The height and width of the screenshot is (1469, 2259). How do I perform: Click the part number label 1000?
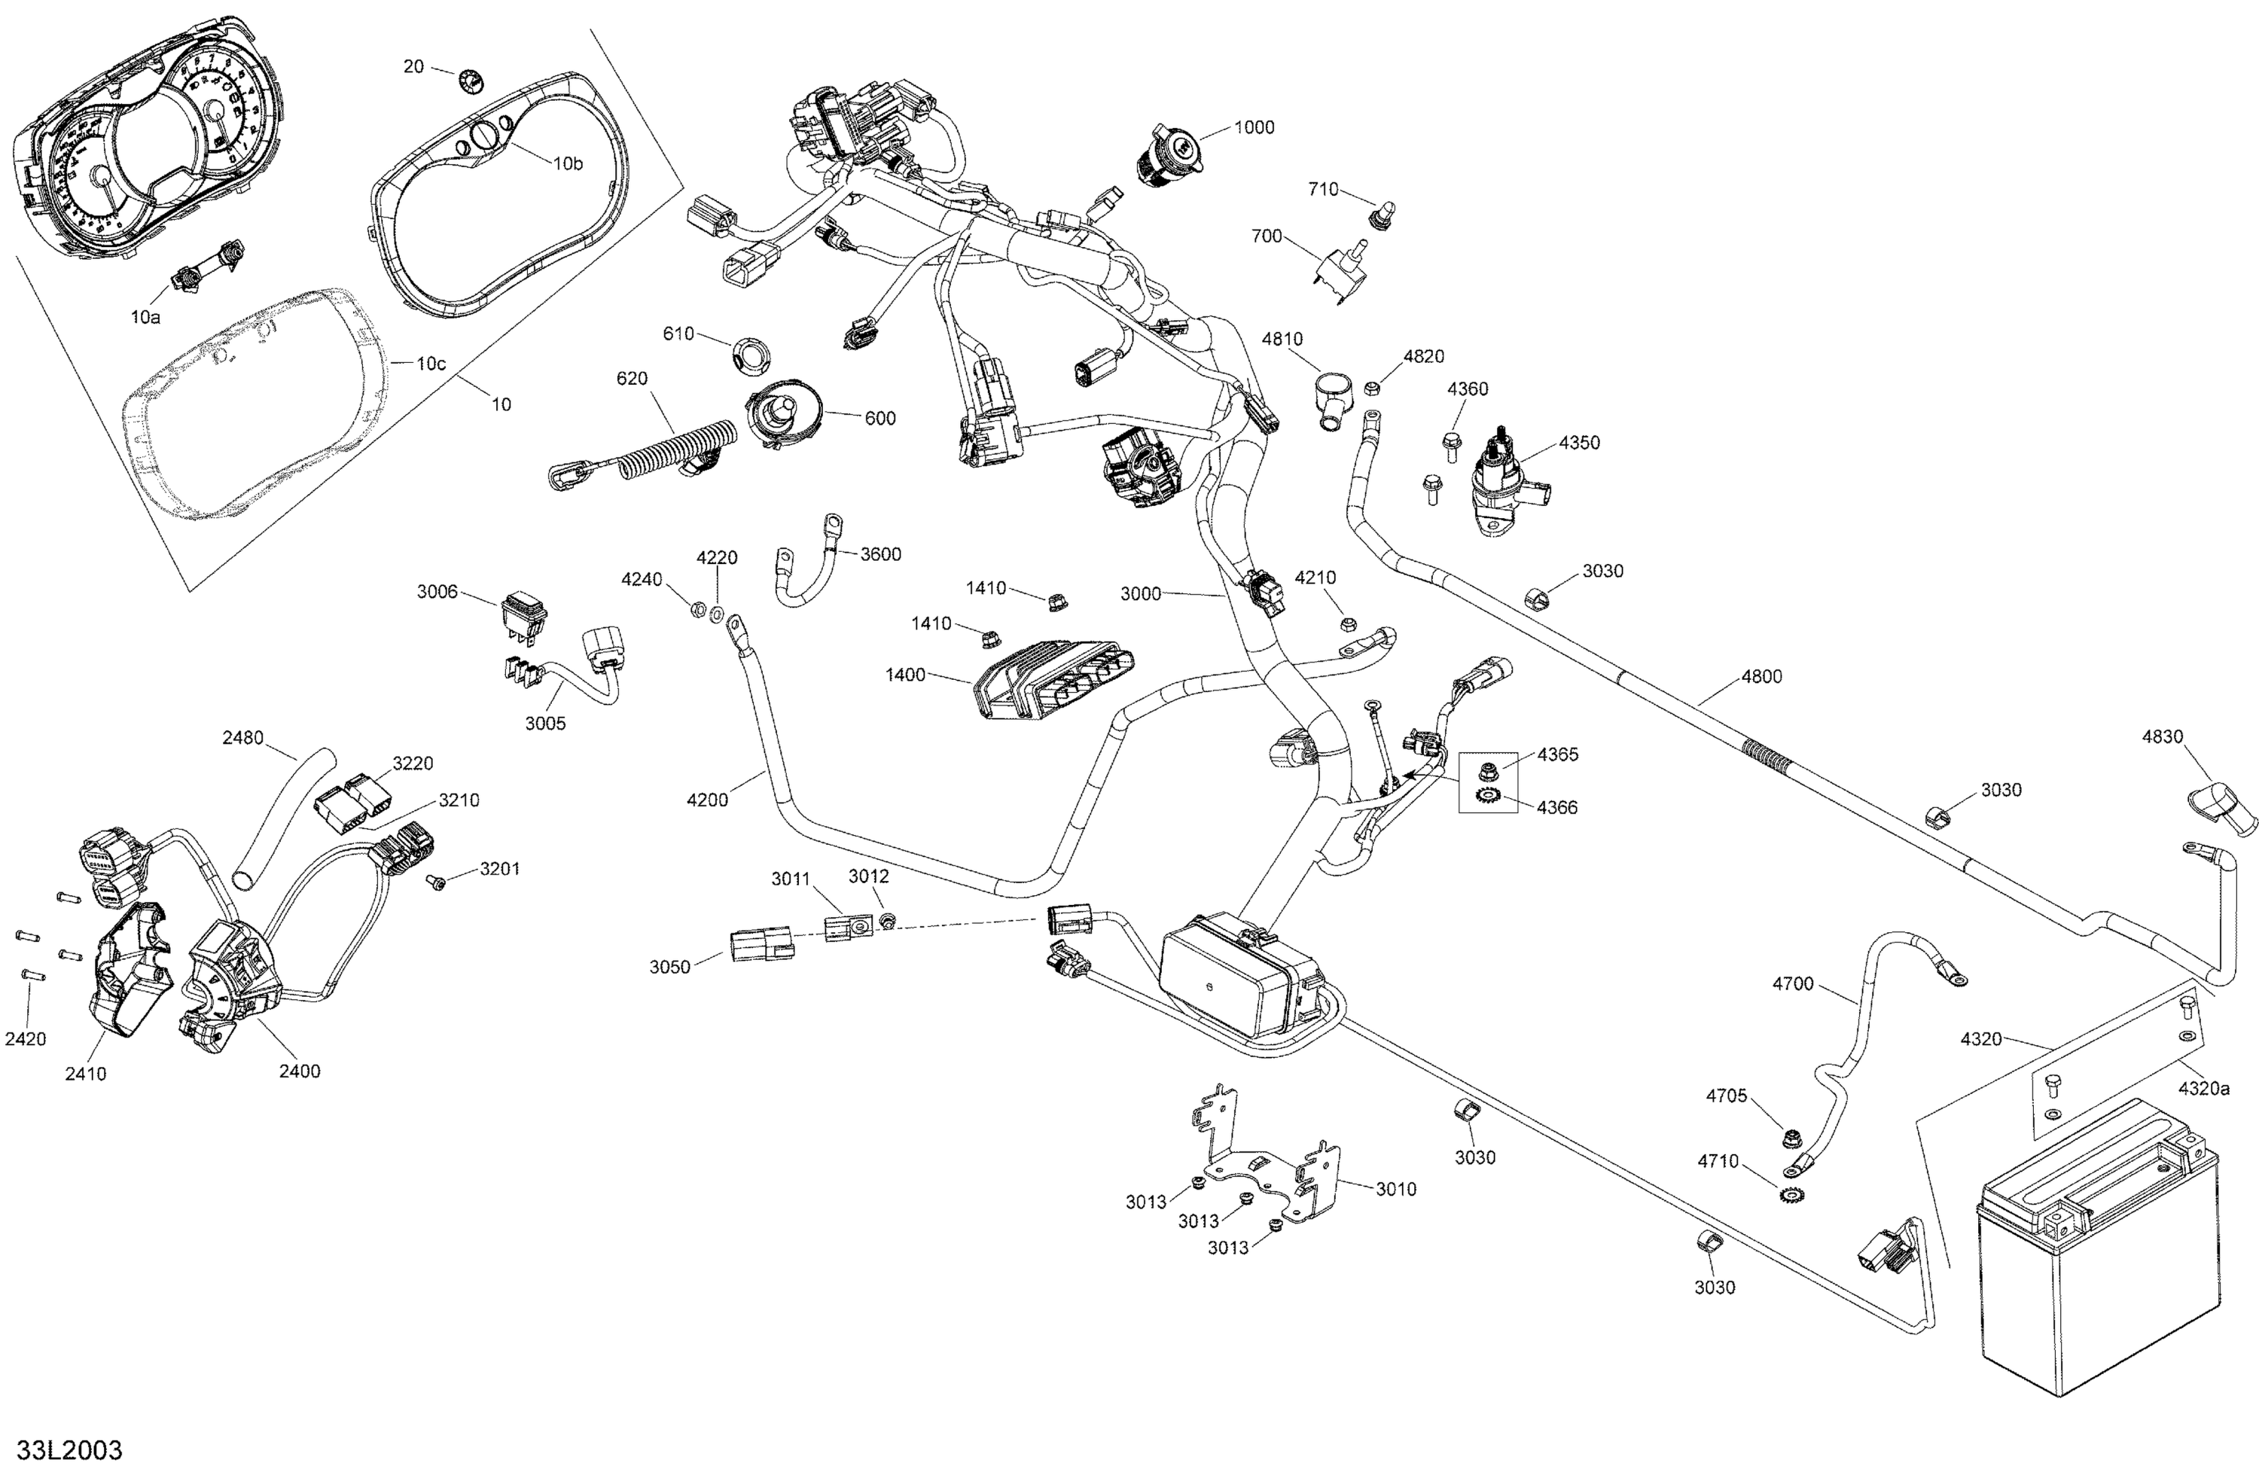1254,128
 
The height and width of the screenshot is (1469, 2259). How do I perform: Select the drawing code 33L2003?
69,1450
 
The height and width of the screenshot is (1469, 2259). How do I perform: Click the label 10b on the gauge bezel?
568,163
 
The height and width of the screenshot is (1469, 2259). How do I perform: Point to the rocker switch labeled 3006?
525,612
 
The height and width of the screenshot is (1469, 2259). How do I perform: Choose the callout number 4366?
1557,808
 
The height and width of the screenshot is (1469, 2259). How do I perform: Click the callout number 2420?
26,1039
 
